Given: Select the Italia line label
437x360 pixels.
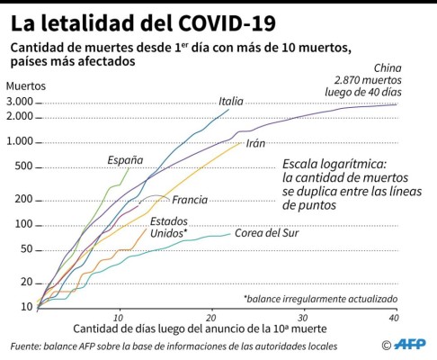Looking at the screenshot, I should tap(231, 101).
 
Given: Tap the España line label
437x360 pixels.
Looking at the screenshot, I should tap(125, 160).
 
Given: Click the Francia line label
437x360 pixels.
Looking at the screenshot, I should tap(190, 199).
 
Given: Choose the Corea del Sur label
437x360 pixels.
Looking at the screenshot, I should tap(266, 233).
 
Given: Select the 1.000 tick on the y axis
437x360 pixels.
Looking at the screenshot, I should tap(19, 141).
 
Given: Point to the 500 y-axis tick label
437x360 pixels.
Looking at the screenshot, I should tap(22, 166).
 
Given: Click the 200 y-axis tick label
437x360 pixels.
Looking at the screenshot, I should tap(22, 200).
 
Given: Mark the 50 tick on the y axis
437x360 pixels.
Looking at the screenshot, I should tap(25, 249).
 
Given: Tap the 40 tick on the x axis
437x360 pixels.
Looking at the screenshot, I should tap(393, 318).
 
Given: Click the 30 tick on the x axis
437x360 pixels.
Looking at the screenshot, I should tap(304, 318).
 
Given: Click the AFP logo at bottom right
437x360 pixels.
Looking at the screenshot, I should tap(411, 345).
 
